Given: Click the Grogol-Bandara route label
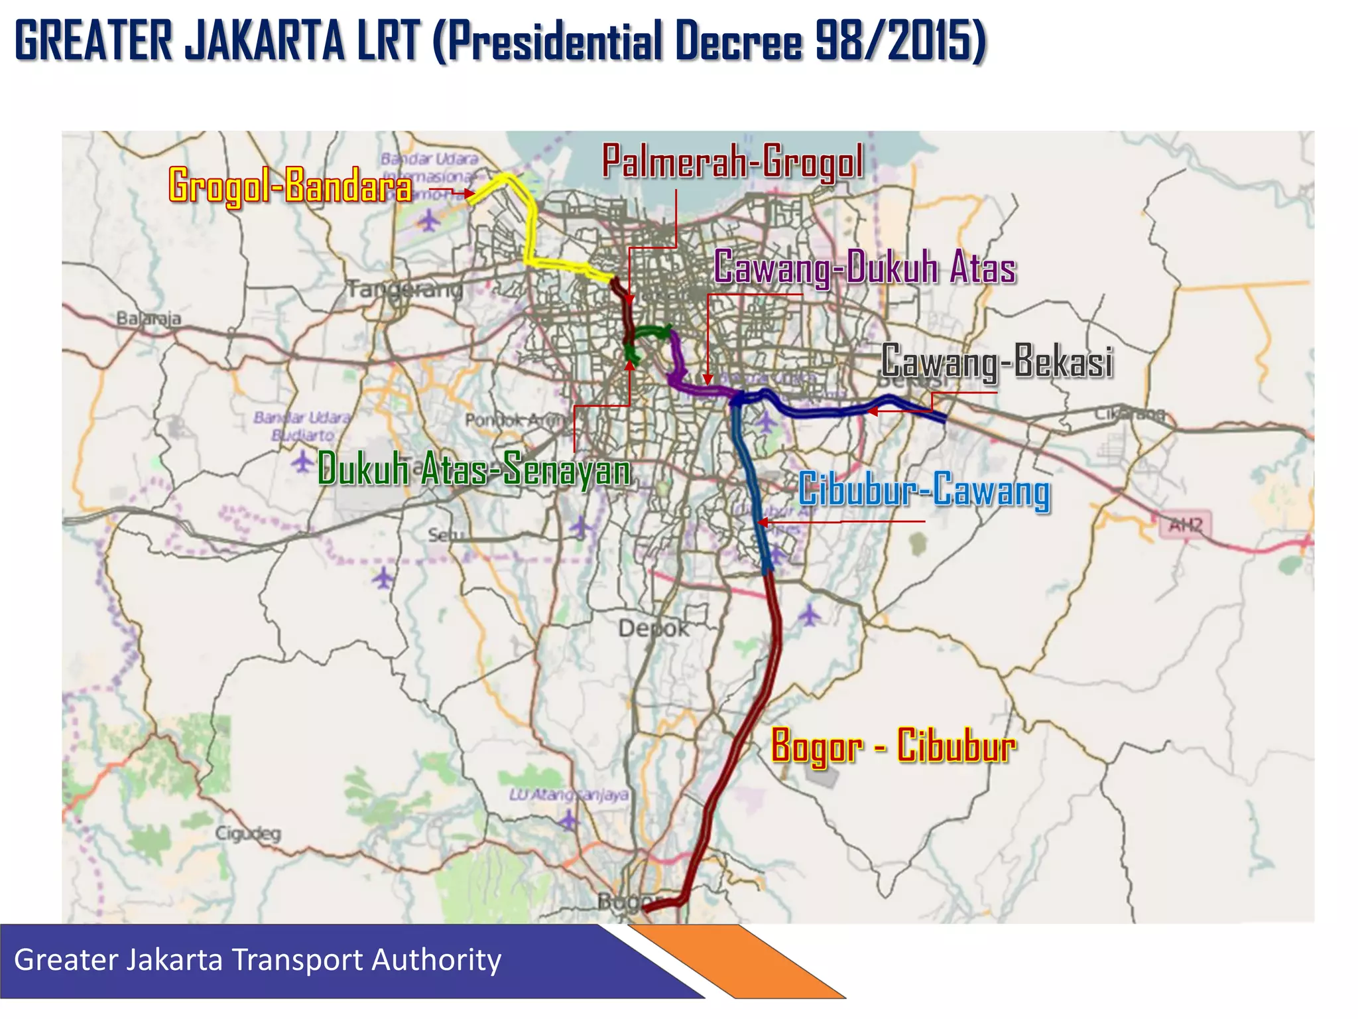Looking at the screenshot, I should [x=290, y=186].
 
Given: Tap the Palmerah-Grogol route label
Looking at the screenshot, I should [x=733, y=161].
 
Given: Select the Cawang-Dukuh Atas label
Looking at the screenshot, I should [x=865, y=268].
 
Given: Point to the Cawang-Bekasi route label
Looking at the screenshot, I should [x=997, y=362].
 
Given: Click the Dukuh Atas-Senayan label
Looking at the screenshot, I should [x=473, y=469].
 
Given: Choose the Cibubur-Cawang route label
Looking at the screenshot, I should [x=924, y=490].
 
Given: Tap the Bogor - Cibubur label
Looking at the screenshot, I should [x=893, y=746].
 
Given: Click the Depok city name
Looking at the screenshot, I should [x=653, y=628].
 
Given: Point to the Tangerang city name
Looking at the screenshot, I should [x=405, y=290].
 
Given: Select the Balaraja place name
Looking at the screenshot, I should [x=149, y=318].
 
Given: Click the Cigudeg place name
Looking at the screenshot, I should [x=248, y=833].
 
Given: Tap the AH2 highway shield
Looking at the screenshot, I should [x=1185, y=525].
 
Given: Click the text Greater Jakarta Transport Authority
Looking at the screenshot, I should [x=257, y=960].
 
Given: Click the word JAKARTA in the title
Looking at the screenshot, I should [x=264, y=41].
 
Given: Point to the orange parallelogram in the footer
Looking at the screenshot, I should [x=736, y=961].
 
